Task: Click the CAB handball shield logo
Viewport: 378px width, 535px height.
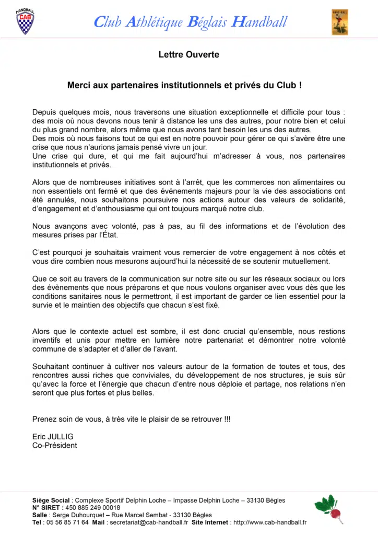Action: (25, 21)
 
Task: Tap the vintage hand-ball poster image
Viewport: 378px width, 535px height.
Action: (339, 22)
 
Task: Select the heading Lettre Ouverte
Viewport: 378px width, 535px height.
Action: (189, 54)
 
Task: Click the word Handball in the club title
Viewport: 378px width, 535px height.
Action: (259, 22)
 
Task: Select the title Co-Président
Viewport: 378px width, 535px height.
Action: (54, 445)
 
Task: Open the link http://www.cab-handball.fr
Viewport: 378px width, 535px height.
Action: (269, 522)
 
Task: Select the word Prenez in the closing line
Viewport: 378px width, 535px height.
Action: (44, 419)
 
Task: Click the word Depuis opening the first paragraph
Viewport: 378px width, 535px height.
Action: (45, 112)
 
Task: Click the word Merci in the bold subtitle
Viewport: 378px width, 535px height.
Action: (78, 84)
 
